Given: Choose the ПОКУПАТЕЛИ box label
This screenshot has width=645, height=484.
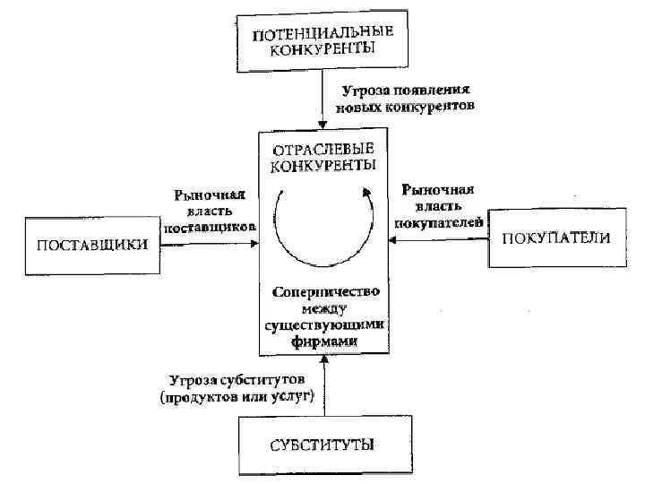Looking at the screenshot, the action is pyautogui.click(x=556, y=238).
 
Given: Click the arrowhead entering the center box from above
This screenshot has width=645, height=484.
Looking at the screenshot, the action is pyautogui.click(x=322, y=123).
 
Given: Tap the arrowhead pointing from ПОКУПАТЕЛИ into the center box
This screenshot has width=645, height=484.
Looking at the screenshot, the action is pyautogui.click(x=393, y=238).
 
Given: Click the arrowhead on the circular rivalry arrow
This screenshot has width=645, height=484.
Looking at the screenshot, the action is pyautogui.click(x=365, y=191).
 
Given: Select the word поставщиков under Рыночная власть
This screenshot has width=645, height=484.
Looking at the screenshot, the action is pyautogui.click(x=211, y=226).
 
